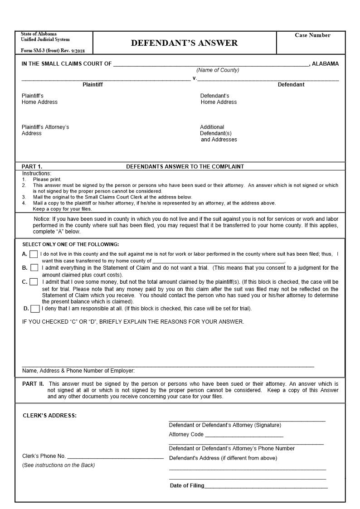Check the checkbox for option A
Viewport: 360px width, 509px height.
(x=34, y=254)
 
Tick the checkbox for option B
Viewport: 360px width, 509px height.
(x=34, y=268)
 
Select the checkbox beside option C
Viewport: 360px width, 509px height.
(x=34, y=282)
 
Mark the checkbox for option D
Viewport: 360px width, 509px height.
(x=35, y=309)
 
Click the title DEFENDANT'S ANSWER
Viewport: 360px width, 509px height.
(x=184, y=43)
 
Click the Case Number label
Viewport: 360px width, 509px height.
(x=312, y=35)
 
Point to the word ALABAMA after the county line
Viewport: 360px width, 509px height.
(x=325, y=64)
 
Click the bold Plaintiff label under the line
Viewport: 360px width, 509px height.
(x=92, y=85)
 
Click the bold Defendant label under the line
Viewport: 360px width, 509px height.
(x=291, y=85)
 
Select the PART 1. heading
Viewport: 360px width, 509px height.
(x=32, y=167)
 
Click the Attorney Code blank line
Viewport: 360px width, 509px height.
(x=244, y=435)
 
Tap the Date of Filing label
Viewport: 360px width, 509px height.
(x=187, y=486)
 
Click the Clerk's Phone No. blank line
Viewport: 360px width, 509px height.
(x=115, y=457)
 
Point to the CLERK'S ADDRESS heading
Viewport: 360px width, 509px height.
(x=49, y=416)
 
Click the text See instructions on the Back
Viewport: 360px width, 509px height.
(x=58, y=465)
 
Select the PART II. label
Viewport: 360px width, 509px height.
(x=33, y=384)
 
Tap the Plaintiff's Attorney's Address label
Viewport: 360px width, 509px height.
(x=45, y=130)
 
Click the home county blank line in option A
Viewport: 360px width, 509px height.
(x=218, y=262)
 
